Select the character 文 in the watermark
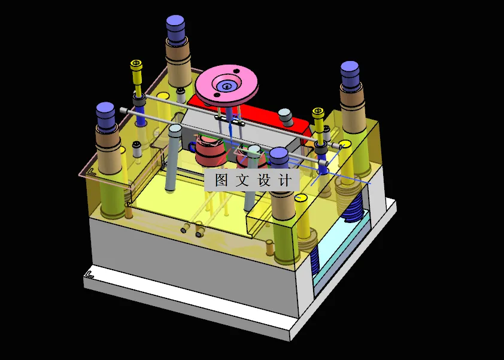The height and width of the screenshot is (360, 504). tap(242, 180)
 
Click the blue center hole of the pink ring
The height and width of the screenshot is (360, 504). tap(227, 87)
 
